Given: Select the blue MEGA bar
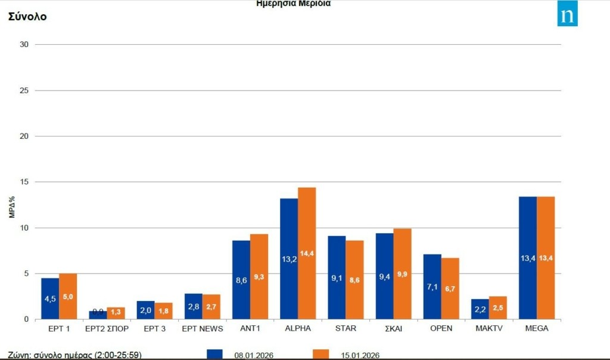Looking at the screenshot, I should (527, 257).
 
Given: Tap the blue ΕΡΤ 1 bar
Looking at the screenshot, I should (50, 299).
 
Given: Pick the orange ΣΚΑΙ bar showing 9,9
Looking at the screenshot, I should (402, 274).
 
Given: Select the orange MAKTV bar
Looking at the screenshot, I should (497, 308).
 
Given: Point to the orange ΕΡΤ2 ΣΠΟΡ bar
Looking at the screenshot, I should (116, 313).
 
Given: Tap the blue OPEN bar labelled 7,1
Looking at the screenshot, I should (432, 287).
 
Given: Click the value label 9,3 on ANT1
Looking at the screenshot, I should (259, 277).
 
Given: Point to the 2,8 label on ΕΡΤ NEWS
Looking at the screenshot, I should (194, 306).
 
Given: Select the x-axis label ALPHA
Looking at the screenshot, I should (298, 328).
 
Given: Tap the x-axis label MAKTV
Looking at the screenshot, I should (488, 328).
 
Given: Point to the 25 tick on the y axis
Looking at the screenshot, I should (24, 91).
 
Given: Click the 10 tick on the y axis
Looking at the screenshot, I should (24, 228).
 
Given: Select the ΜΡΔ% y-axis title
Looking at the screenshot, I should (12, 206).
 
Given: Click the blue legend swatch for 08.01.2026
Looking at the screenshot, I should (214, 354).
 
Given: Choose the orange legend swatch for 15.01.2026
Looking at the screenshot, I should (320, 354).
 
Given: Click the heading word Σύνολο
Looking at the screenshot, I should (27, 17).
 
